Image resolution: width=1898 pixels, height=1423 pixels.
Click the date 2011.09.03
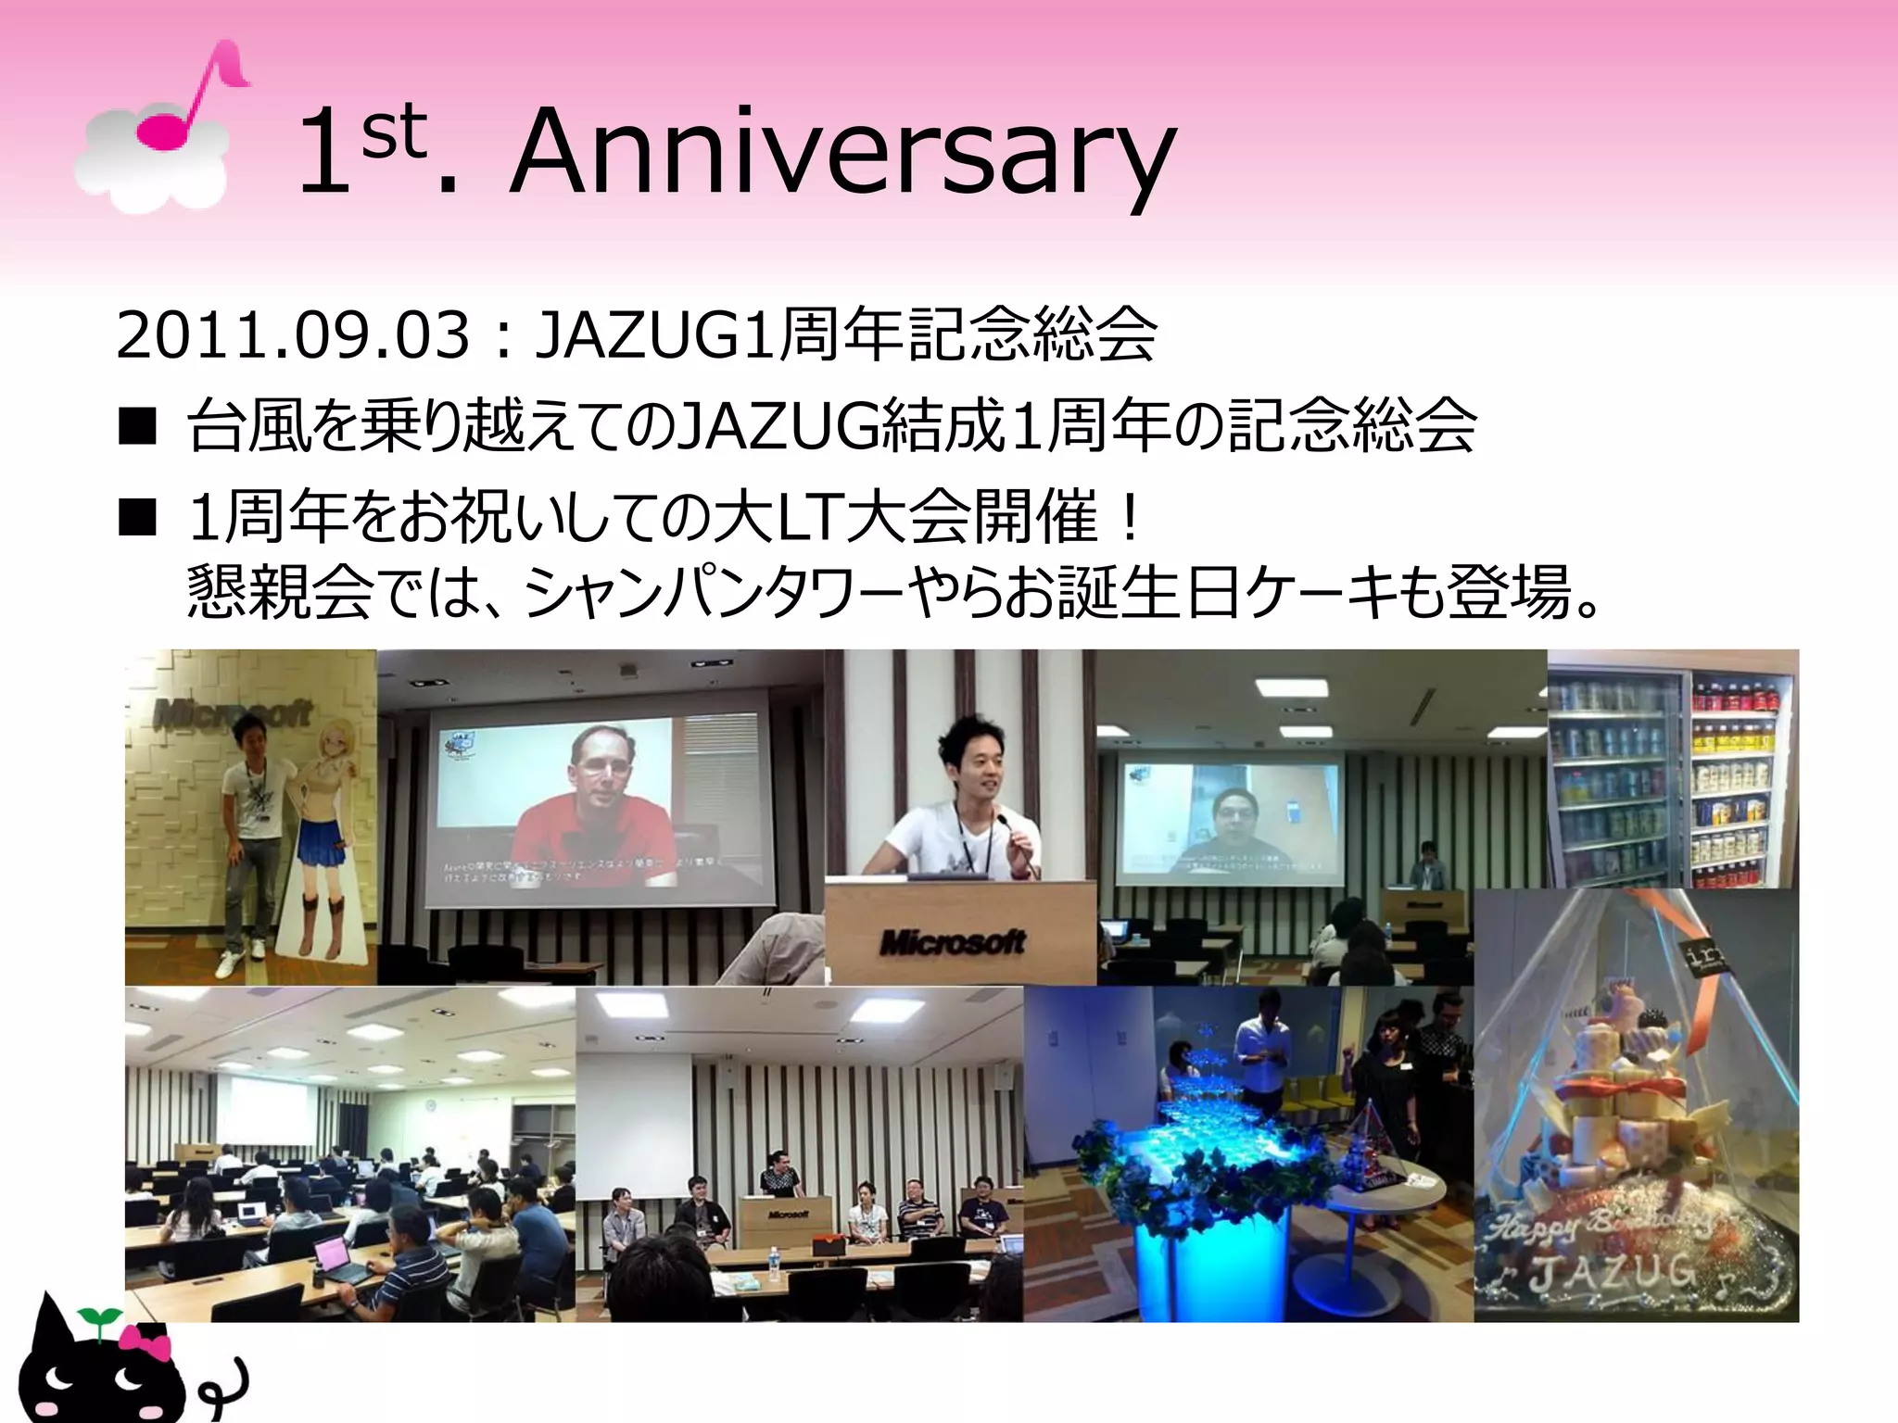tap(293, 335)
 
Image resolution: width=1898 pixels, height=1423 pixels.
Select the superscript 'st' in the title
tap(394, 132)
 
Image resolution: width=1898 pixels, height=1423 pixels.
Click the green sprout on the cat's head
tap(98, 1316)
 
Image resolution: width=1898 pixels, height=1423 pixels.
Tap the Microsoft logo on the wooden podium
tap(953, 942)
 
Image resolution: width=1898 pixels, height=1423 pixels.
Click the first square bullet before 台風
tap(137, 427)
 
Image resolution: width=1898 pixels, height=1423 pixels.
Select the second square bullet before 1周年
tap(137, 518)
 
